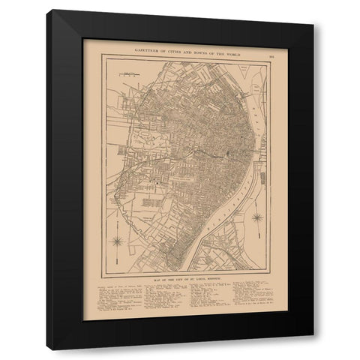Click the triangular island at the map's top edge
coord(234,61)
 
